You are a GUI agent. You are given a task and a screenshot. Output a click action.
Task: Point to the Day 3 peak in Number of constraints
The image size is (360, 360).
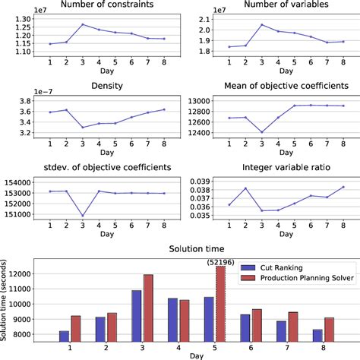[82, 24]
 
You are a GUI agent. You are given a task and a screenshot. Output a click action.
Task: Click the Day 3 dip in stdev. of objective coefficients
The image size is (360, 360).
[82, 216]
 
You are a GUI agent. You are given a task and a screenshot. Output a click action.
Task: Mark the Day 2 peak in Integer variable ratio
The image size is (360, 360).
[242, 188]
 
